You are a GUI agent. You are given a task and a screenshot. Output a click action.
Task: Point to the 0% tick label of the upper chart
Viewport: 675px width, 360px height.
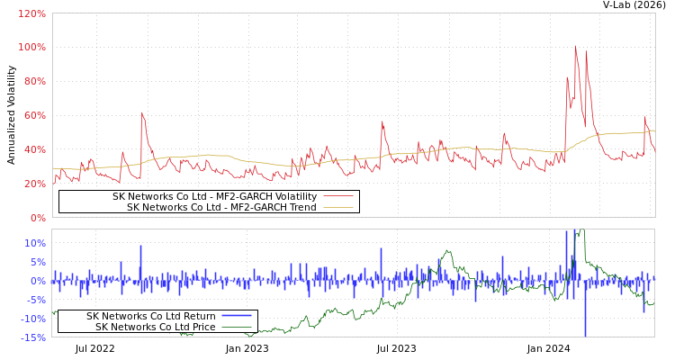pyautogui.click(x=37, y=218)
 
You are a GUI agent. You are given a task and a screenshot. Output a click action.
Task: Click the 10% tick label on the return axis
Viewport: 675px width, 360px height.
pyautogui.click(x=35, y=243)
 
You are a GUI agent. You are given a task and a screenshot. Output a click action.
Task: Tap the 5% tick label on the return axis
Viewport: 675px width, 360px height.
pyautogui.click(x=38, y=262)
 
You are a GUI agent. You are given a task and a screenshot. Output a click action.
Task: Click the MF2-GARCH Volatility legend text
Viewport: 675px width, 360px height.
pyautogui.click(x=214, y=196)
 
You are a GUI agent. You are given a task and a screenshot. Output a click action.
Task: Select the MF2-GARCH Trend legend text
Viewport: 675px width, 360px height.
pyautogui.click(x=221, y=207)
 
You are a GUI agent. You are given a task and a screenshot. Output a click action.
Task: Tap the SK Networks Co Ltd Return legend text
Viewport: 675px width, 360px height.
pyautogui.click(x=150, y=316)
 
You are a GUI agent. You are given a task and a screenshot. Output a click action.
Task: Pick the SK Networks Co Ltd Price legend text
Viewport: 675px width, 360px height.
pyautogui.click(x=155, y=327)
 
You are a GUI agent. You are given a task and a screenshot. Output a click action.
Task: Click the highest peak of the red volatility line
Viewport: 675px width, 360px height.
pyautogui.click(x=575, y=46)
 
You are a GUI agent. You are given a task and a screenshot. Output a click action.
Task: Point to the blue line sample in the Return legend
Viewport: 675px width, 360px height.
pyautogui.click(x=236, y=316)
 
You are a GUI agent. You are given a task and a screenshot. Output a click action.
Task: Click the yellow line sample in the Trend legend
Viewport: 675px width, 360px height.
pyautogui.click(x=337, y=207)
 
